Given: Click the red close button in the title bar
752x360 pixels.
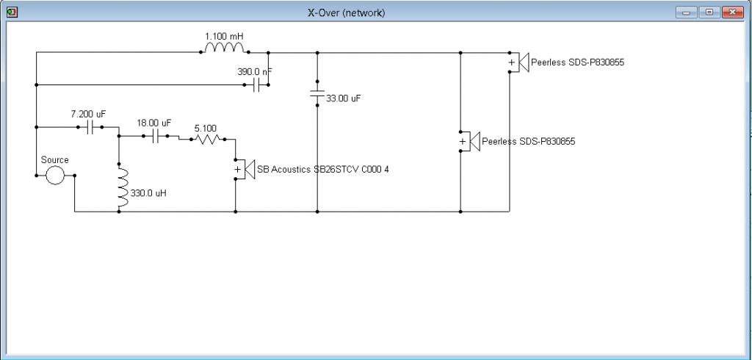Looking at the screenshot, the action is click(733, 12).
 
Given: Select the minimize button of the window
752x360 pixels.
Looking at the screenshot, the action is click(687, 12).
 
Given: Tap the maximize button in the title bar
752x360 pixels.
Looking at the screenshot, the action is click(710, 12).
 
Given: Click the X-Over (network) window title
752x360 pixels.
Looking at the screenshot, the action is click(347, 13).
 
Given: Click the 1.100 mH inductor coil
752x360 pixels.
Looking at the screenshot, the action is click(225, 48).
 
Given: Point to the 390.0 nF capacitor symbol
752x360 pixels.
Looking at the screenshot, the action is click(256, 85).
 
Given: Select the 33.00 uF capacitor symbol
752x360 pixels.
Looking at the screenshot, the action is click(317, 93).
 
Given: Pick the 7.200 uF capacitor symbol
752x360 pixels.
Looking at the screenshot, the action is click(90, 127).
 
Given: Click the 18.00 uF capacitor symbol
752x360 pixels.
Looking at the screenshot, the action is click(155, 137).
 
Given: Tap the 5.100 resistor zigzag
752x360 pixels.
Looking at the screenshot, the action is click(207, 139).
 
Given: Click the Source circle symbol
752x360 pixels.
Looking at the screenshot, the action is click(55, 175).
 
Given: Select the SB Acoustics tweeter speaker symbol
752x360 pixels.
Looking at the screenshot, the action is click(245, 170).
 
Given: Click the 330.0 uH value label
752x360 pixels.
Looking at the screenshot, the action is click(148, 193).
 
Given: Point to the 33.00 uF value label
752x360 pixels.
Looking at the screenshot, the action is click(344, 98).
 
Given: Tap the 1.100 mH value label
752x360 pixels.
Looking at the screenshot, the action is click(225, 36).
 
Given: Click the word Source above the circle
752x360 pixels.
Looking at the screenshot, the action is click(54, 160).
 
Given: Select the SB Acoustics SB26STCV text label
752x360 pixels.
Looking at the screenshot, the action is click(323, 169).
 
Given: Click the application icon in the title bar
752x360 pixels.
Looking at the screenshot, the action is click(12, 12).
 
